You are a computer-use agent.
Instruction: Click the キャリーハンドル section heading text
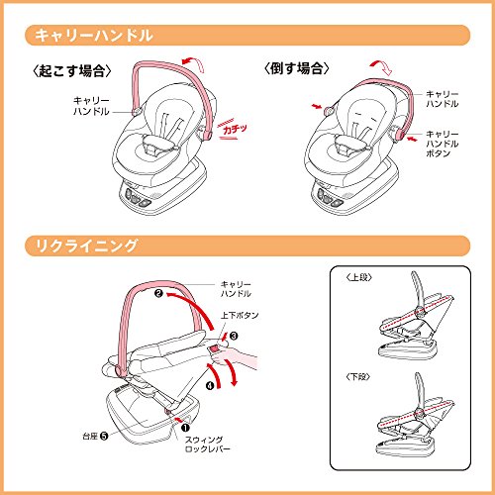point(94,35)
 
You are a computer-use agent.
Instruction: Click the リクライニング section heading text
point(86,246)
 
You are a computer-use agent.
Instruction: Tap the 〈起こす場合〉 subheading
point(72,70)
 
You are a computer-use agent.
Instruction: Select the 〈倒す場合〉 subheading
point(297,68)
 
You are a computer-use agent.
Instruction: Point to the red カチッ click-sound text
point(235,129)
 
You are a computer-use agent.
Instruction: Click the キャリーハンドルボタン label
point(442,144)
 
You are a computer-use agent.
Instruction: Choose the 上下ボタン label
point(240,315)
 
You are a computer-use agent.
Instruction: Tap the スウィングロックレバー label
point(207,445)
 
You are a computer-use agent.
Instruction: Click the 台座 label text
point(90,437)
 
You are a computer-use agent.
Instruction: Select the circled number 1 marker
point(185,428)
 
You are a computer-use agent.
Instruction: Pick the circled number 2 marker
point(158,293)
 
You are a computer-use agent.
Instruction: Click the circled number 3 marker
point(234,336)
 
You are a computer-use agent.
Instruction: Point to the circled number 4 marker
point(210,385)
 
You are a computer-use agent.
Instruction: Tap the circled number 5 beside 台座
point(104,437)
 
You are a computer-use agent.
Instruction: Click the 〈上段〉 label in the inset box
point(359,277)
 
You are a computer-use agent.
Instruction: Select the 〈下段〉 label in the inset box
point(358,376)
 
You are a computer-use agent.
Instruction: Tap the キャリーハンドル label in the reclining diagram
point(236,289)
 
